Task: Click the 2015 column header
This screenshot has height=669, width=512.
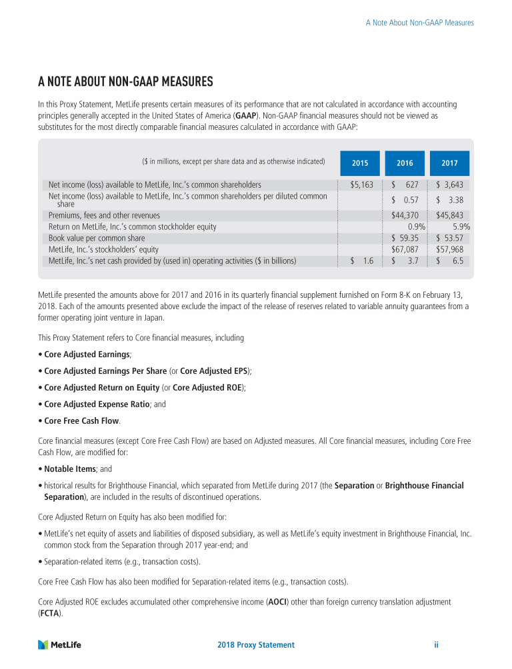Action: pos(359,163)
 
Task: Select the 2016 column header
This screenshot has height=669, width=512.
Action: pos(405,163)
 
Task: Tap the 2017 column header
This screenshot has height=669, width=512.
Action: pos(449,163)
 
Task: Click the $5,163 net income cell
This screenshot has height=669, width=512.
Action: pos(361,185)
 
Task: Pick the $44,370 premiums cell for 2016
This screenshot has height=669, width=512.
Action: pos(405,216)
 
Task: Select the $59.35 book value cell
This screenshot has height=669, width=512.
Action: pos(405,238)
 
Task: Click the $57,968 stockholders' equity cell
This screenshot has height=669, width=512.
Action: pos(449,249)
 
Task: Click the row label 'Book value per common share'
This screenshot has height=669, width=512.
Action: pos(97,238)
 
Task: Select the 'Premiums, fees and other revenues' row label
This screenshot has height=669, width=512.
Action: pos(104,216)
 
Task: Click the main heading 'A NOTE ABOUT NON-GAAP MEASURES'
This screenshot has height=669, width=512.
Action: pos(125,82)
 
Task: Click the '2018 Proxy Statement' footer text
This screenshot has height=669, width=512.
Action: pos(256,645)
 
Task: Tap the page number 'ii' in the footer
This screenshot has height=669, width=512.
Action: pos(435,645)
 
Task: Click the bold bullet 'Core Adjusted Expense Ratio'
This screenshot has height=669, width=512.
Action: pos(98,404)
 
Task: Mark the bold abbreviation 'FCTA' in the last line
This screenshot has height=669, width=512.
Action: pos(49,614)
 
